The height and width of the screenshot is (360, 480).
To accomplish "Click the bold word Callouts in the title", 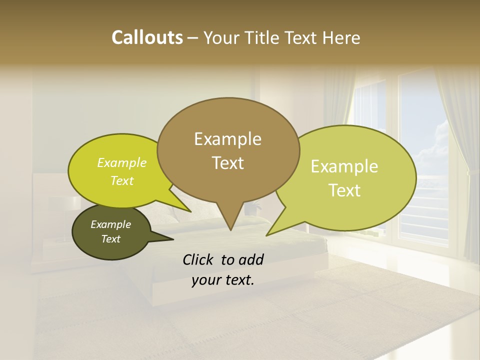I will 147,37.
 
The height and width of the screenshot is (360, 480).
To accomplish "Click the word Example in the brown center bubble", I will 227,139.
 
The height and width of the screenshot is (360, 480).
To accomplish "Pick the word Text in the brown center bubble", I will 227,163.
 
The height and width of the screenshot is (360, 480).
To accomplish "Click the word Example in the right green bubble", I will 344,166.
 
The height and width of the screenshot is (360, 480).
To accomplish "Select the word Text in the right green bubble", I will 344,190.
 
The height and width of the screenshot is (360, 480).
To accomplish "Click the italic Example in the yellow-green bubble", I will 122,163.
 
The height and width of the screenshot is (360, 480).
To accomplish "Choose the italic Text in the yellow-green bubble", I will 122,180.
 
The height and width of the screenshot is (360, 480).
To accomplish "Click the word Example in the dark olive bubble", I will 110,224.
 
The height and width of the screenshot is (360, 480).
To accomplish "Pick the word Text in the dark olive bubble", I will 110,239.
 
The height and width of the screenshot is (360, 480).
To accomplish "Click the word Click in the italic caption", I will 199,259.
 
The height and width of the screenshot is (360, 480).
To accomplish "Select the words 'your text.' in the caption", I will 223,280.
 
